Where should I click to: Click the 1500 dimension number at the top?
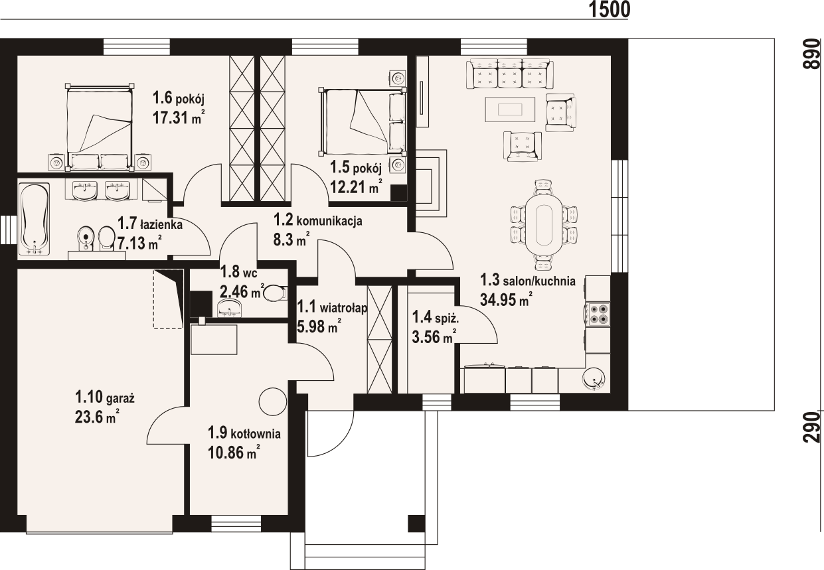pos(610,9)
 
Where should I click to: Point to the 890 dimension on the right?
pos(812,54)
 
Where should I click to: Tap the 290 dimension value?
pos(812,427)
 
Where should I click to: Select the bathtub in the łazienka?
pos(34,219)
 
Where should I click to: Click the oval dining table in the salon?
pos(544,225)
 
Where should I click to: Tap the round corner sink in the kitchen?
pos(594,379)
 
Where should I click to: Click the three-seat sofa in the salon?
pos(509,74)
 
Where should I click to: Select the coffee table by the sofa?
pos(510,109)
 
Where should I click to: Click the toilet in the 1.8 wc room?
pos(274,293)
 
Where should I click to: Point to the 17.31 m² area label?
pos(179,117)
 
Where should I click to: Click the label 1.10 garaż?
pos(105,398)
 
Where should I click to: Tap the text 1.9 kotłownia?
pos(244,433)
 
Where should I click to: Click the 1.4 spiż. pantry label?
pos(435,317)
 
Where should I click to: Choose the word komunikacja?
pos(329,221)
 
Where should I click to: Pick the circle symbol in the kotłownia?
pos(273,402)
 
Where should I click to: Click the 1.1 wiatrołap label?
pos(332,307)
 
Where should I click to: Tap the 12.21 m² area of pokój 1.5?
pos(356,186)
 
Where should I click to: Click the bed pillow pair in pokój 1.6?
pos(100,161)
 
